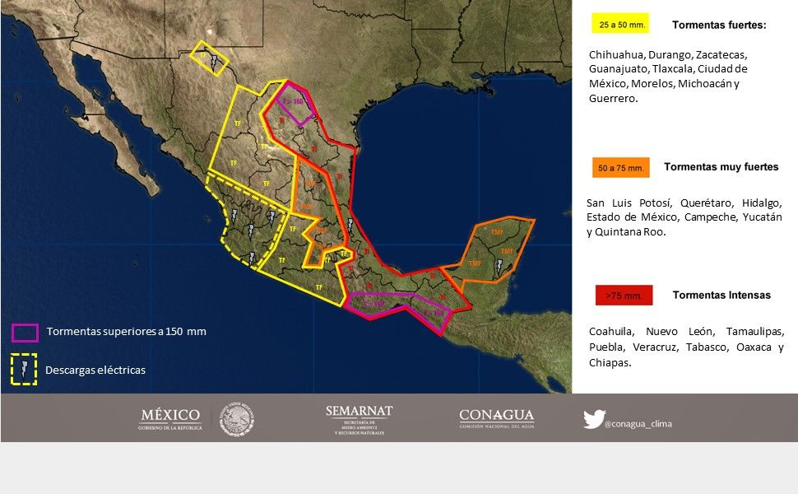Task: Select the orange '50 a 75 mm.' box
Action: (620, 168)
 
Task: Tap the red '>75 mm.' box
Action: (624, 295)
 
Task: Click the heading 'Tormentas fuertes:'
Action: (719, 25)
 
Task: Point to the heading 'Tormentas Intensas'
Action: (721, 295)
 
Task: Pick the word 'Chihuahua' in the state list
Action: (616, 54)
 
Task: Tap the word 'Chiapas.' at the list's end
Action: (610, 362)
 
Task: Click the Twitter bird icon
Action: (593, 419)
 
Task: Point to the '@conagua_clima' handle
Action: (638, 424)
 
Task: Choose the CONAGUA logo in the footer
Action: (496, 418)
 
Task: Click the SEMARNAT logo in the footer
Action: (359, 419)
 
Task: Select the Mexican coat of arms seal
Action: (238, 419)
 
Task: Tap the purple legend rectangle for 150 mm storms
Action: (25, 332)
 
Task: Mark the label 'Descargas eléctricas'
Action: (95, 370)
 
